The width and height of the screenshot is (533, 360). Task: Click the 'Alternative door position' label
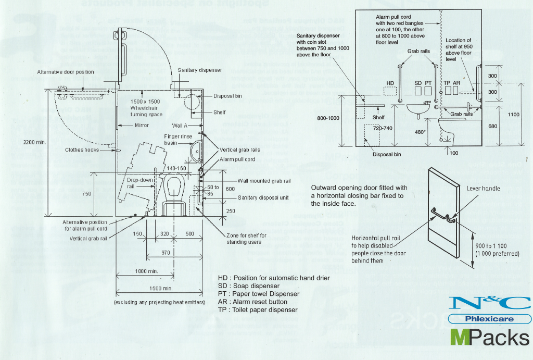[x=66, y=72]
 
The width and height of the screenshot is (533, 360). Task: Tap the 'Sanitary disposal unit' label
[x=262, y=198]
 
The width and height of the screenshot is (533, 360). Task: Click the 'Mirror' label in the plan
[x=141, y=126]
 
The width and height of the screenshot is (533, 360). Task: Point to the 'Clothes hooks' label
[x=82, y=150]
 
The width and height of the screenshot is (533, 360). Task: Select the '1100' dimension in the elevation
[x=514, y=114]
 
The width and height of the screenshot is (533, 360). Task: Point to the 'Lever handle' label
[x=483, y=189]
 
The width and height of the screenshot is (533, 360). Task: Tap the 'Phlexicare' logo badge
[x=490, y=319]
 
